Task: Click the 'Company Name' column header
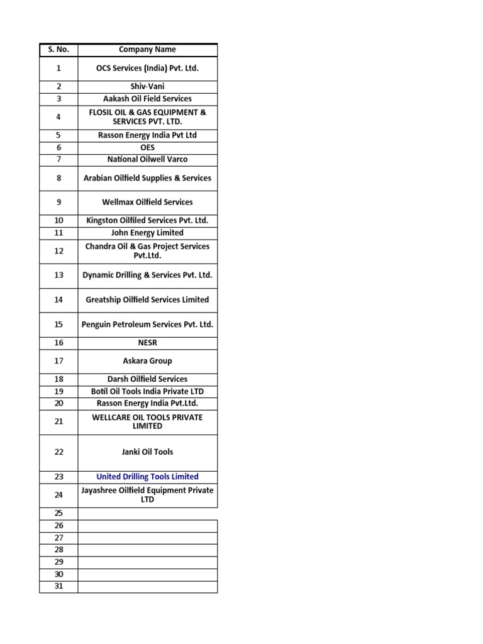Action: tap(147, 50)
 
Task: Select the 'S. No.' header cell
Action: tap(58, 50)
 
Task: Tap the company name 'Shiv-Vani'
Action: tap(147, 87)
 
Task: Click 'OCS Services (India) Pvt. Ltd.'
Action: tap(147, 68)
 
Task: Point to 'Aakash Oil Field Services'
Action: tap(147, 99)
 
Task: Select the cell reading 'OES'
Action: tap(147, 147)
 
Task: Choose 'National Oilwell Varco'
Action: tap(147, 159)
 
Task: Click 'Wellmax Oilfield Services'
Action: tap(147, 202)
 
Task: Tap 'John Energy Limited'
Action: tap(147, 233)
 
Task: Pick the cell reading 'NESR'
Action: tap(147, 343)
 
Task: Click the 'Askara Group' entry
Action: tap(147, 361)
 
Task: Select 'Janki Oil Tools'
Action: tap(147, 452)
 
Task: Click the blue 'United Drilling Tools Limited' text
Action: tap(147, 477)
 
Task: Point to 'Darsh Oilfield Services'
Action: tap(147, 379)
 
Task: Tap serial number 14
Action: tap(58, 300)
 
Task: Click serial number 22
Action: tap(58, 452)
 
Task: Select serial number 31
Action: tap(58, 586)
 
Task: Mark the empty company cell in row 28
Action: tap(147, 550)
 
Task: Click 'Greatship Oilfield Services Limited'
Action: tap(147, 300)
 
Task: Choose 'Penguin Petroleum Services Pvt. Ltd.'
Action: tap(147, 325)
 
